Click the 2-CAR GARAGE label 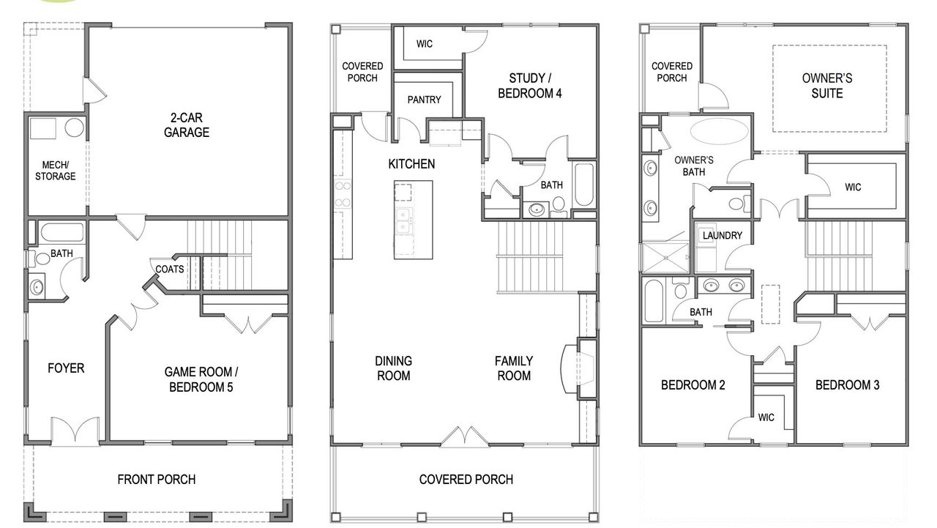(187, 124)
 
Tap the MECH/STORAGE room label (55, 170)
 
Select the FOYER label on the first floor (66, 368)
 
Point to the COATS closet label (169, 269)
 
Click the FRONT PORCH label (156, 480)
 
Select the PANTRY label (424, 100)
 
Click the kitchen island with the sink (413, 220)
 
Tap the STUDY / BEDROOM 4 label (530, 86)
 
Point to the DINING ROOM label (393, 368)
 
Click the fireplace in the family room (572, 369)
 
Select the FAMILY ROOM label (513, 368)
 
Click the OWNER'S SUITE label (827, 86)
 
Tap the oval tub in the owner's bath (720, 134)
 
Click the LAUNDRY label (722, 236)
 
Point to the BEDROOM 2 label (693, 385)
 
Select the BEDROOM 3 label (847, 385)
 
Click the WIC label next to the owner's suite (853, 187)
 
